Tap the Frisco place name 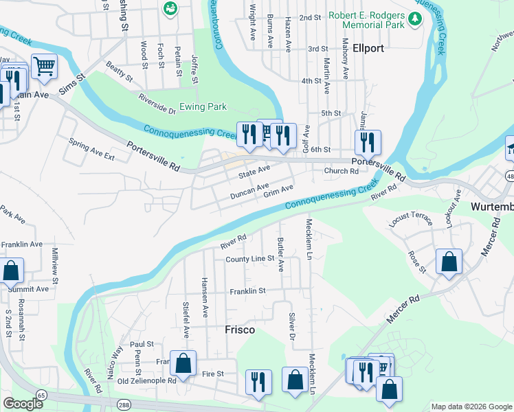[x=240, y=330]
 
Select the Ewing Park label [x=203, y=107]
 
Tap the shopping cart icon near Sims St [x=44, y=67]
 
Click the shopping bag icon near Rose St [x=449, y=261]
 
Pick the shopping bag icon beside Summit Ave [x=11, y=271]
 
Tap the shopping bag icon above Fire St [x=183, y=363]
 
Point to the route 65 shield [x=42, y=396]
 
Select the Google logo [x=23, y=404]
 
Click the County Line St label [x=250, y=259]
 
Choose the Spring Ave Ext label [x=91, y=148]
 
